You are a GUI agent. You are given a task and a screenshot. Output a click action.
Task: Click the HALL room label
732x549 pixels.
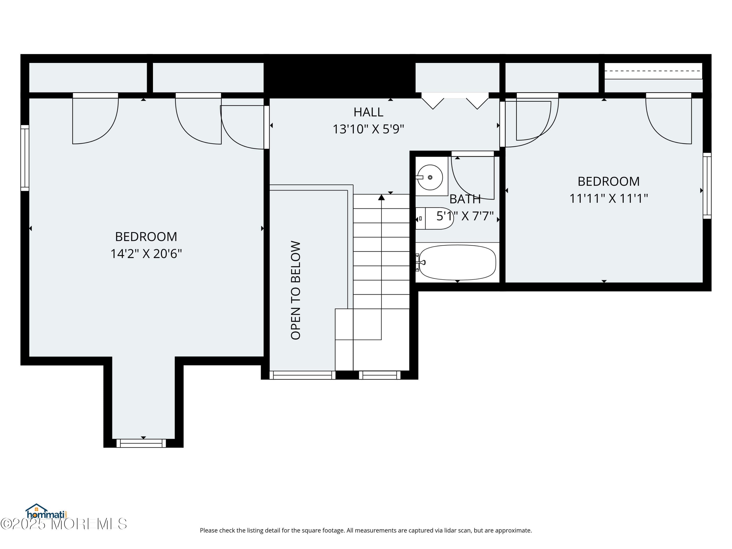tap(368, 112)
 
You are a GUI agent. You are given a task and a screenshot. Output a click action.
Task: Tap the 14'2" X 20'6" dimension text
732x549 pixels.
tap(146, 254)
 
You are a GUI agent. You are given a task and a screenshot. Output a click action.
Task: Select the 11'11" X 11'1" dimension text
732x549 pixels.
tap(608, 199)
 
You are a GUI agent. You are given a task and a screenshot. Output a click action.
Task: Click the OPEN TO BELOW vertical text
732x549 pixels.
tap(295, 290)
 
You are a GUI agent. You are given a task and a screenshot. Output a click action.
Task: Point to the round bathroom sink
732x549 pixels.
tap(430, 177)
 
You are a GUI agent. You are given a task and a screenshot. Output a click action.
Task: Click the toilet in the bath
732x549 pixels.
tap(434, 218)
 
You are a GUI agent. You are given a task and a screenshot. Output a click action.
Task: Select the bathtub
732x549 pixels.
tap(457, 262)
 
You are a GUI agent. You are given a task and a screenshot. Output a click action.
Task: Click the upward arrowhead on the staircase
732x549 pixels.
tap(381, 198)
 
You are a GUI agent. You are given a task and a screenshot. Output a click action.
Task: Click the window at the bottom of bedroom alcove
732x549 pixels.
tap(141, 443)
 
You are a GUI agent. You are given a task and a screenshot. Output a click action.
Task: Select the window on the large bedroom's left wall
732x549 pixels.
tap(25, 158)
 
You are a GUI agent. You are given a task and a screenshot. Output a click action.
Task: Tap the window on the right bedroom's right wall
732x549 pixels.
tap(707, 186)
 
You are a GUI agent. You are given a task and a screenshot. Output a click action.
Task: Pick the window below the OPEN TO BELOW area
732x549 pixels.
tap(302, 375)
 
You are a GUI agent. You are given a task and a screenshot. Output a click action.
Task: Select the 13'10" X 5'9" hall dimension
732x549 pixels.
tap(368, 129)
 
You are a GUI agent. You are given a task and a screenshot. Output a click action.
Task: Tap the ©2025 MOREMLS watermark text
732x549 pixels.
tap(63, 524)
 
